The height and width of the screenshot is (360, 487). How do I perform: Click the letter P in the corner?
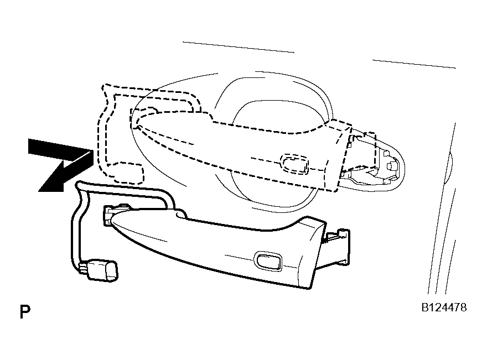coord(25,311)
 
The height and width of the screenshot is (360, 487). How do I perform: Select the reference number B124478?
coord(444,307)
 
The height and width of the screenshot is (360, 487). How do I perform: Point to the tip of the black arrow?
coord(39,191)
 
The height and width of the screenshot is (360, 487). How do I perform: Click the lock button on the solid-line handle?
coord(268,260)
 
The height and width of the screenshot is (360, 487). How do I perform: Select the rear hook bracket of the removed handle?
coord(337,247)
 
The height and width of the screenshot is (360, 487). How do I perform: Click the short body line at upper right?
coord(414,64)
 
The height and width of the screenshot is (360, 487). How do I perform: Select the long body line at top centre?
coord(238,47)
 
